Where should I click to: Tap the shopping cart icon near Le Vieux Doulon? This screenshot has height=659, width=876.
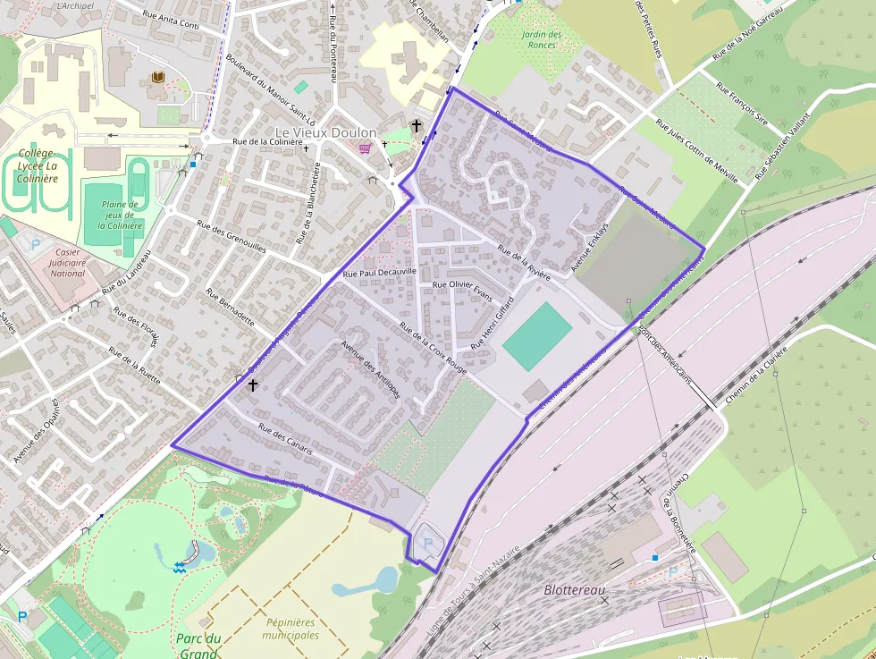pyautogui.click(x=365, y=148)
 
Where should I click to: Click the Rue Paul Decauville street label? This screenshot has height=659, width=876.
pyautogui.click(x=381, y=272)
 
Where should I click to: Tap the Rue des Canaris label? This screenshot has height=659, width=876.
pyautogui.click(x=285, y=439)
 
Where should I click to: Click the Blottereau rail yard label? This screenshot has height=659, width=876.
pyautogui.click(x=575, y=590)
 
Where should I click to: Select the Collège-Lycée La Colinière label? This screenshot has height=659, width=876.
pyautogui.click(x=38, y=165)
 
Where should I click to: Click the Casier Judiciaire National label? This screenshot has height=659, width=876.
pyautogui.click(x=68, y=263)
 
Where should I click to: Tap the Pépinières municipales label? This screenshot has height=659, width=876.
pyautogui.click(x=291, y=629)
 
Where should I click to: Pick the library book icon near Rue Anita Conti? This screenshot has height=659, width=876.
pyautogui.click(x=158, y=79)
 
